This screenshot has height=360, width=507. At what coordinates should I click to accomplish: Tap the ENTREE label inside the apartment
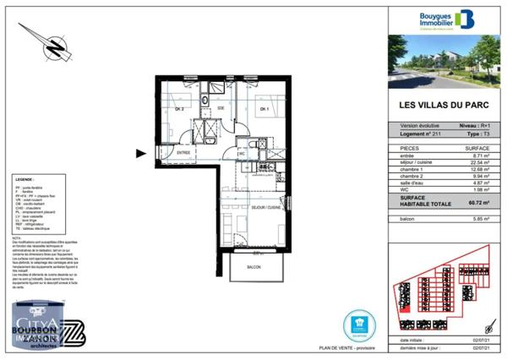182,152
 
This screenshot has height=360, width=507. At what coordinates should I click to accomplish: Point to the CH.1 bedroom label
264,108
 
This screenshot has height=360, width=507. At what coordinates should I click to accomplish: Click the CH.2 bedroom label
179,108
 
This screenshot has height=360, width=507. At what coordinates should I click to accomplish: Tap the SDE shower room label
221,108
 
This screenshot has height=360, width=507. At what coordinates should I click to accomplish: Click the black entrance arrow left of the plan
141,153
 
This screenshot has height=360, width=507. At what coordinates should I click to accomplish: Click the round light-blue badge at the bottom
358,324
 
